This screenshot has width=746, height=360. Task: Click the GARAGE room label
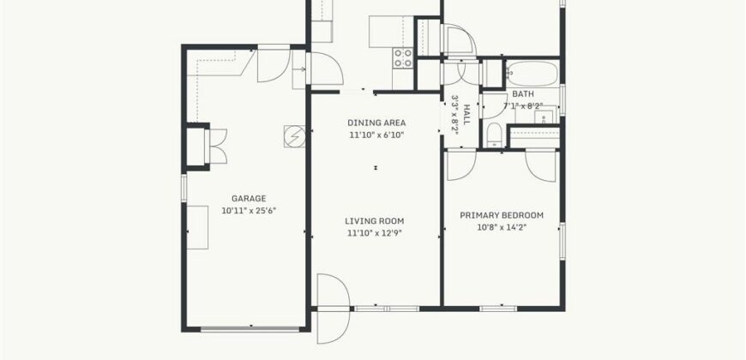(249, 199)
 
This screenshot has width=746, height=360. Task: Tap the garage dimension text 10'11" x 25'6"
(249, 211)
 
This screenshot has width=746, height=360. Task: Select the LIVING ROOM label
(375, 221)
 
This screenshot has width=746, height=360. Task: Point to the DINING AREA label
(376, 123)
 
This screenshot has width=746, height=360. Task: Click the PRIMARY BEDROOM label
(502, 215)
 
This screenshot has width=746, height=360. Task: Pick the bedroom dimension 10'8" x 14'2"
(502, 227)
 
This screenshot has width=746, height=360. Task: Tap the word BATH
(523, 94)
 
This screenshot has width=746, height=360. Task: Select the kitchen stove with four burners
(402, 58)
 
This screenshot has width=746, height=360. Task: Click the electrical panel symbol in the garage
(294, 136)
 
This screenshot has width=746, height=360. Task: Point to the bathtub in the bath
(532, 73)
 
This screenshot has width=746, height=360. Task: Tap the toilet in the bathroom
(494, 135)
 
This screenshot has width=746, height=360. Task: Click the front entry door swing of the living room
(333, 309)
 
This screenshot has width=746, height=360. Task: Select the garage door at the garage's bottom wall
(250, 328)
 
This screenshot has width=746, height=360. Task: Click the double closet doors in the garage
(218, 147)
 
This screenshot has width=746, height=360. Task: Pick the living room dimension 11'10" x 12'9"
(375, 233)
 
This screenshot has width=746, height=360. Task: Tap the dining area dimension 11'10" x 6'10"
(376, 135)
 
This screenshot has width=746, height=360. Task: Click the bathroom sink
(543, 116)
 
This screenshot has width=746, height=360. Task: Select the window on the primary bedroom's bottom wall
(498, 309)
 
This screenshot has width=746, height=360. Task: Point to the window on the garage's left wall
(184, 188)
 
